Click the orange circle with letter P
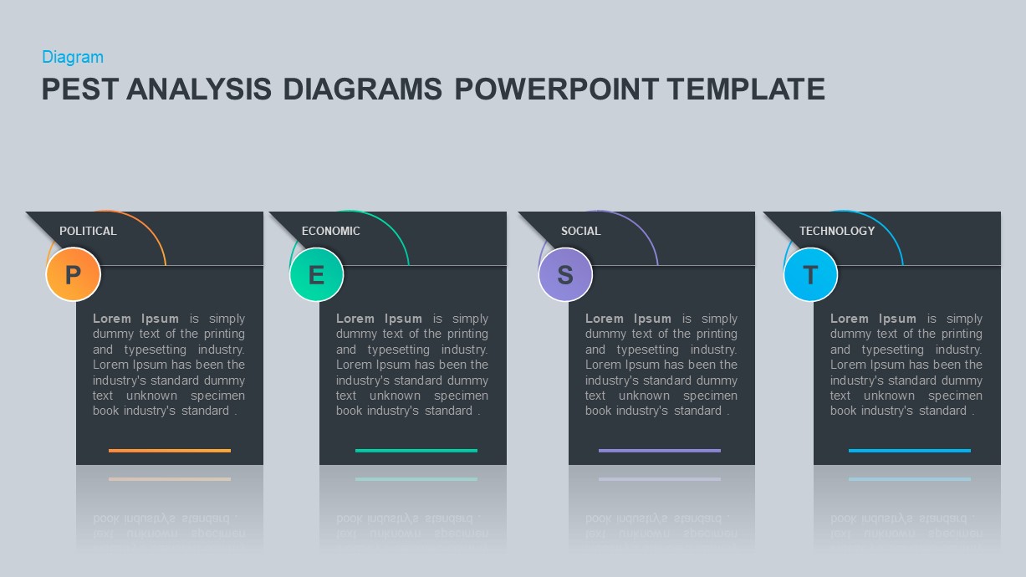pyautogui.click(x=73, y=274)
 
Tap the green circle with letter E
pyautogui.click(x=316, y=274)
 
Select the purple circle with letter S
pyautogui.click(x=565, y=274)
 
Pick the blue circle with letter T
pyautogui.click(x=810, y=274)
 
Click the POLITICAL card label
pyautogui.click(x=88, y=231)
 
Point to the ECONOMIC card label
pyautogui.click(x=331, y=231)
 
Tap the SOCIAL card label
pyautogui.click(x=580, y=231)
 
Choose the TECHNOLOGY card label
pyautogui.click(x=837, y=231)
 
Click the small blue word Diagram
pyautogui.click(x=73, y=57)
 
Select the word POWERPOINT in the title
pyautogui.click(x=556, y=89)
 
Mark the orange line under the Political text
pyautogui.click(x=170, y=451)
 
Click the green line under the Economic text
pyautogui.click(x=416, y=451)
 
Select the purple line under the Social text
pyautogui.click(x=660, y=451)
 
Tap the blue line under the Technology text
pyautogui.click(x=910, y=451)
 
